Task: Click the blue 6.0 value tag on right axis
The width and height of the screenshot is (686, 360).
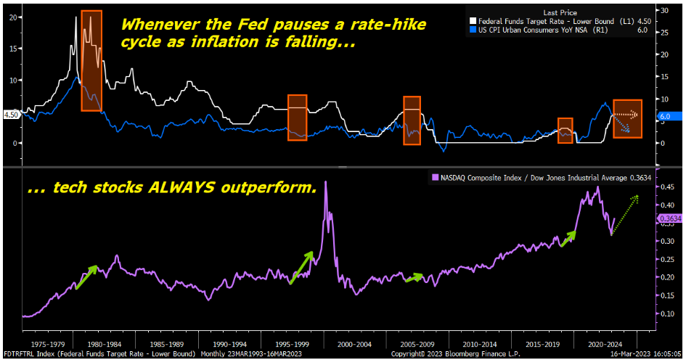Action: (666, 115)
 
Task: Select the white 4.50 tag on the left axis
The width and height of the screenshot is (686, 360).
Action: (11, 115)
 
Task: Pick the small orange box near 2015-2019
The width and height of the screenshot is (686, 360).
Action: (565, 130)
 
